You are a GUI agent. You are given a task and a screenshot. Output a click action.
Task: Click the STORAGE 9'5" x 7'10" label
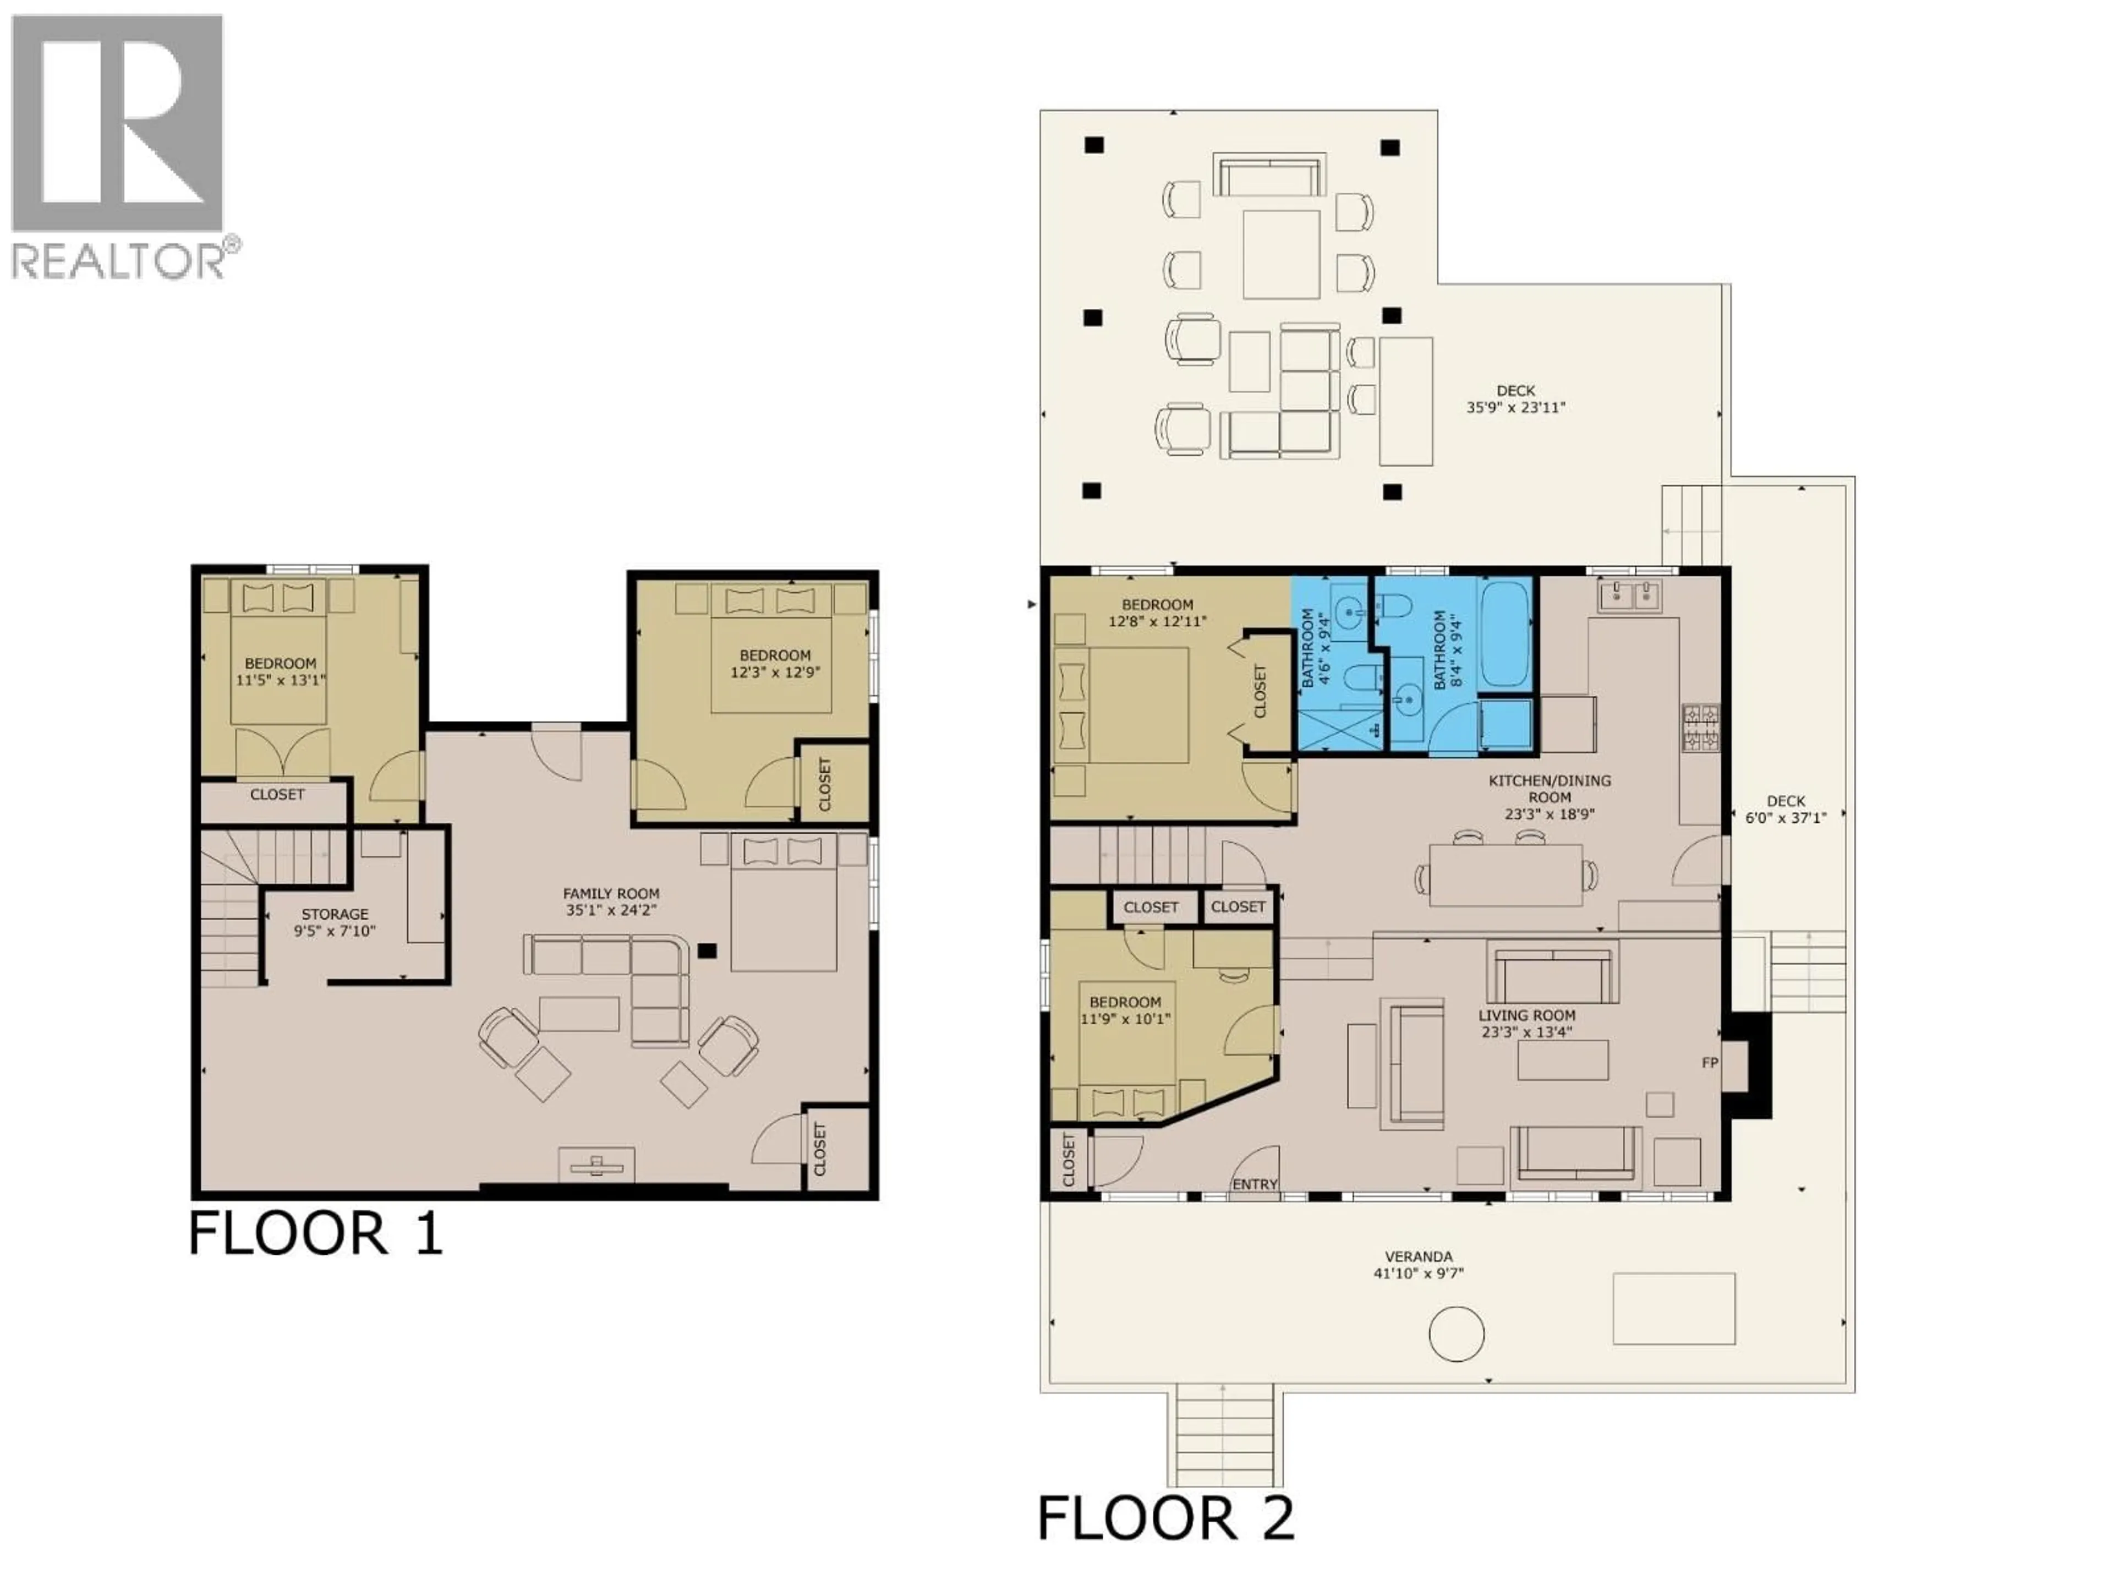point(335,922)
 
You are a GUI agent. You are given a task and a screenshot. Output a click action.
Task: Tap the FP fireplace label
point(1710,1062)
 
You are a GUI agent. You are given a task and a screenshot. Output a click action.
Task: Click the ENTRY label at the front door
point(1254,1184)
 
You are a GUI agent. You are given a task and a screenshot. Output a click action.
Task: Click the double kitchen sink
point(1630,595)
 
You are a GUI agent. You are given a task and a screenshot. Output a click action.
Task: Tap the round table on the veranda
point(1456,1333)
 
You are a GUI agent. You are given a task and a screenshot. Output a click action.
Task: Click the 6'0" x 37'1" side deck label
point(1786,809)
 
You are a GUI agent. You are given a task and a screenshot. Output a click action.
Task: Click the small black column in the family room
point(707,950)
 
